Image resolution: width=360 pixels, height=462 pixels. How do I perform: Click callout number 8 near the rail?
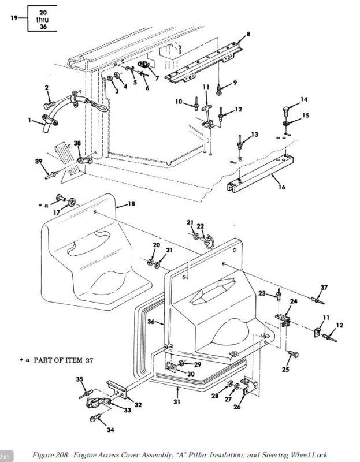pyautogui.click(x=248, y=34)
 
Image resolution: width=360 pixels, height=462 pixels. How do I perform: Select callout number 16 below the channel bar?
pyautogui.click(x=282, y=187)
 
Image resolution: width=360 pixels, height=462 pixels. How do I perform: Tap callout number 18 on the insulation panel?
pyautogui.click(x=131, y=204)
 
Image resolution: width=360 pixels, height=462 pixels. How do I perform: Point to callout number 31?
pyautogui.click(x=177, y=401)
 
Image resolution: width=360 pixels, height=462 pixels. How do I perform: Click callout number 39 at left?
pyautogui.click(x=39, y=162)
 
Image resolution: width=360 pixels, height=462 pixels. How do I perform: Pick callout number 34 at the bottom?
pyautogui.click(x=110, y=430)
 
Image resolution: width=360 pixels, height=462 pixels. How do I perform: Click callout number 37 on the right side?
pyautogui.click(x=324, y=287)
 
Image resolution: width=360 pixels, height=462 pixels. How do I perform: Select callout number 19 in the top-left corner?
pyautogui.click(x=14, y=18)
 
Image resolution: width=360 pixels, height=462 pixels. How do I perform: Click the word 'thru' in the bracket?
pyautogui.click(x=42, y=20)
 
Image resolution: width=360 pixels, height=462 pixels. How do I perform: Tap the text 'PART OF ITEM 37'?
pyautogui.click(x=64, y=360)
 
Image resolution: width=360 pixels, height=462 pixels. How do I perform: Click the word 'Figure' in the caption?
pyautogui.click(x=42, y=455)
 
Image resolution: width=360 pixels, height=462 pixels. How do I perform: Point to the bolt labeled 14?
pyautogui.click(x=286, y=111)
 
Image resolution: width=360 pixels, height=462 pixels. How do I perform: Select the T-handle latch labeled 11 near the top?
pyautogui.click(x=206, y=109)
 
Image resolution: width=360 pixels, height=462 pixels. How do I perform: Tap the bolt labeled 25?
pyautogui.click(x=293, y=354)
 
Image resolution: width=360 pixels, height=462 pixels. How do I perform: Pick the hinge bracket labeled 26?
pyautogui.click(x=250, y=387)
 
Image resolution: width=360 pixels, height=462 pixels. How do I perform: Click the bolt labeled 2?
pyautogui.click(x=49, y=105)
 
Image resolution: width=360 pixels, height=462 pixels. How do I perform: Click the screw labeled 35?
pyautogui.click(x=86, y=394)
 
